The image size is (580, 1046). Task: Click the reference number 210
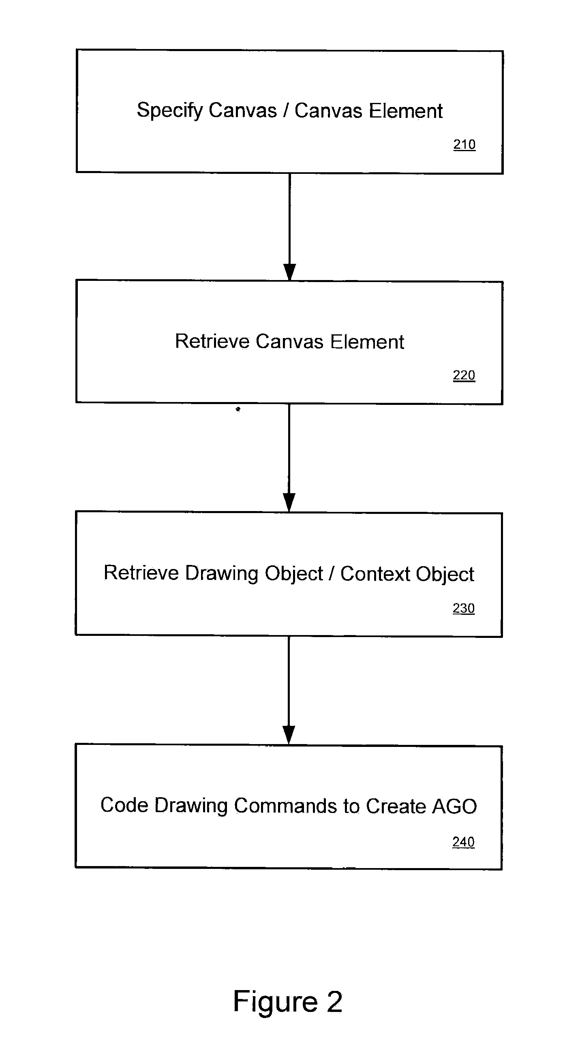[x=464, y=144]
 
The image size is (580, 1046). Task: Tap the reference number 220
[x=464, y=375]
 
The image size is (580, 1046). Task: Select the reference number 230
[x=463, y=608]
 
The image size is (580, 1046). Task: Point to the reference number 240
[x=463, y=842]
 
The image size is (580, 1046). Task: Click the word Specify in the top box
[x=170, y=111]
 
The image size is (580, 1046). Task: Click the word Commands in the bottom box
[x=285, y=806]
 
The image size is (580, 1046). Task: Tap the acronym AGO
[x=454, y=806]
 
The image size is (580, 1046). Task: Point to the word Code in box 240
[x=124, y=805]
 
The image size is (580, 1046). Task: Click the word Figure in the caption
[x=275, y=1001]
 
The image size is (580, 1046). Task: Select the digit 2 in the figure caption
[x=335, y=1001]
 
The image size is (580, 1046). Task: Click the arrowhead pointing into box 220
[x=289, y=272]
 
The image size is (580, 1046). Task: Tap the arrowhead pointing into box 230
[x=289, y=502]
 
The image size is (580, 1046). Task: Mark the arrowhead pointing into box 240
[x=289, y=735]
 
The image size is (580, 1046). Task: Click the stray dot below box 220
[x=238, y=409]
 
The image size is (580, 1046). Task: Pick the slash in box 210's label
[x=286, y=111]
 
